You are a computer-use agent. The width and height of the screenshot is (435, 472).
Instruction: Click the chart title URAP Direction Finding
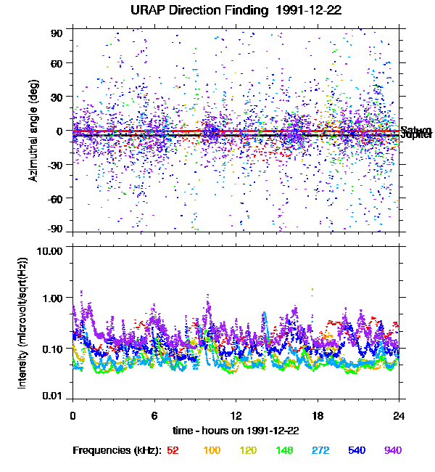217,11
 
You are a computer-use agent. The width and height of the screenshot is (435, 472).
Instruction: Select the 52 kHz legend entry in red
173,450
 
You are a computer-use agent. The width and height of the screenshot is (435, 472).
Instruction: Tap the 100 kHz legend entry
212,450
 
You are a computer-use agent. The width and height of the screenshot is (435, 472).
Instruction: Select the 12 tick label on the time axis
236,415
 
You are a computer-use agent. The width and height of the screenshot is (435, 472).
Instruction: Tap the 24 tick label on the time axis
399,415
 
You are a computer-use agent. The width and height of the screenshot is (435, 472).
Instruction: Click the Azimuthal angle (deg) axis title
33,131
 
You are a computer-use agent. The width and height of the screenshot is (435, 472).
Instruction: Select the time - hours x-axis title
236,430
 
